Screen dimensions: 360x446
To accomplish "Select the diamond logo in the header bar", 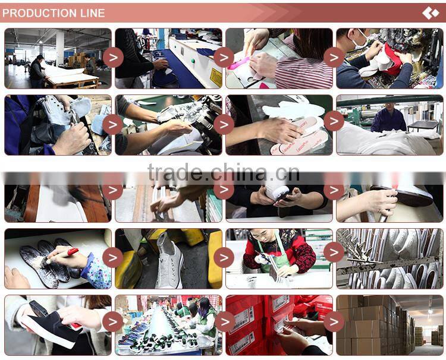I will click(430, 13).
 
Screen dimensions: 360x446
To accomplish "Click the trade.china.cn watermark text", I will click(223, 173).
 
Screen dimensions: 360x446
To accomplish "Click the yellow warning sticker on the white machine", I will click(215, 77).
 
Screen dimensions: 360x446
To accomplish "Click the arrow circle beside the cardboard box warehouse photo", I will click(334, 321).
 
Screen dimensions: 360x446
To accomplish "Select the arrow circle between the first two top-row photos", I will click(113, 57).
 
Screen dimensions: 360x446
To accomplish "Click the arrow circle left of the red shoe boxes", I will click(224, 321).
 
